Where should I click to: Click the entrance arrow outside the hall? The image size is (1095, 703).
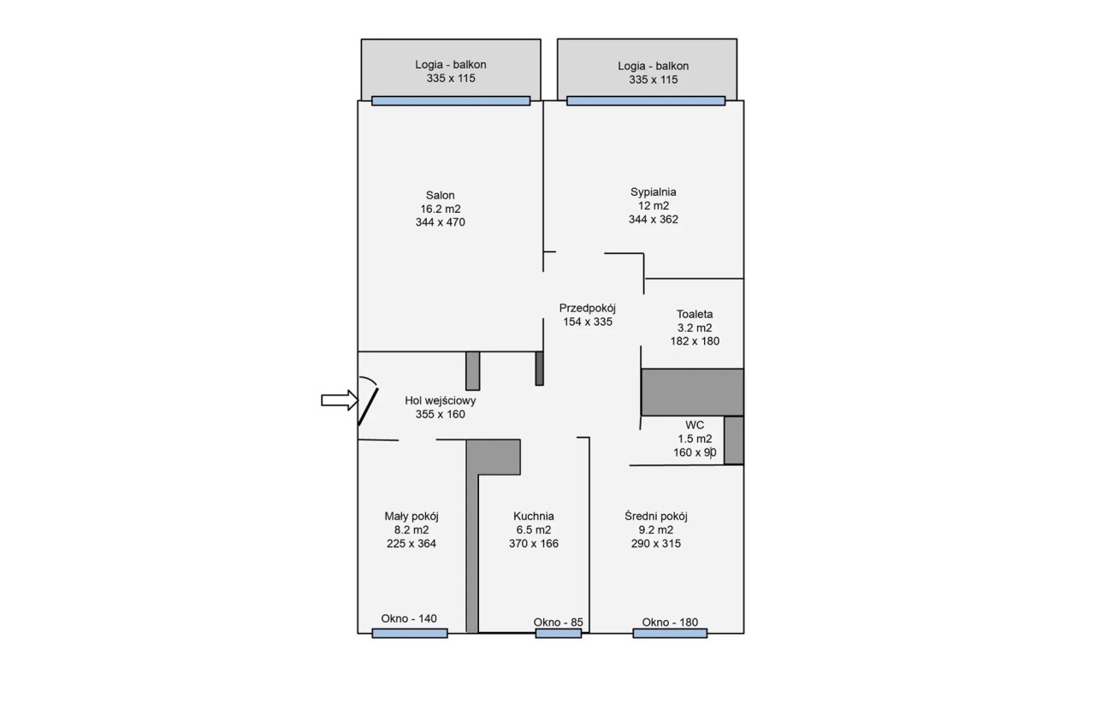point(340,400)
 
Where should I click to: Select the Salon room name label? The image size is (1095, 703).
point(440,195)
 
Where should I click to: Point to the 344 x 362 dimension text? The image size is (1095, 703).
point(653,220)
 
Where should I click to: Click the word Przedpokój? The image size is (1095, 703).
point(587,308)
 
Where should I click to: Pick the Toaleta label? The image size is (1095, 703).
point(694,314)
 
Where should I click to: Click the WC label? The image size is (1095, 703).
point(694,425)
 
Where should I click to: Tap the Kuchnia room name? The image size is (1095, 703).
point(533,516)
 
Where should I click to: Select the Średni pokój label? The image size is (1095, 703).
point(655,516)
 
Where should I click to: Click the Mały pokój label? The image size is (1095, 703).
point(411,516)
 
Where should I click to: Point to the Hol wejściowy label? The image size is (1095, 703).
point(440,401)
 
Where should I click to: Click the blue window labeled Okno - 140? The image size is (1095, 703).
point(410,634)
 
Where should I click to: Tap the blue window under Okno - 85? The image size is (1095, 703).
point(559,634)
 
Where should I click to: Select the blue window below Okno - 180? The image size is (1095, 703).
point(670,634)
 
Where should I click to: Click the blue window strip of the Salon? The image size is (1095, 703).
point(451,101)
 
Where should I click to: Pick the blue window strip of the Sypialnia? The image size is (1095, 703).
point(646,101)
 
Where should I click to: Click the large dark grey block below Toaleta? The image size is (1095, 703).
point(692,392)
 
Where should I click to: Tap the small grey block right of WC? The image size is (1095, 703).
point(734,440)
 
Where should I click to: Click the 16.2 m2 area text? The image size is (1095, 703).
point(440,209)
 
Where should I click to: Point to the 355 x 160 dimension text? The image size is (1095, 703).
point(440,414)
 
